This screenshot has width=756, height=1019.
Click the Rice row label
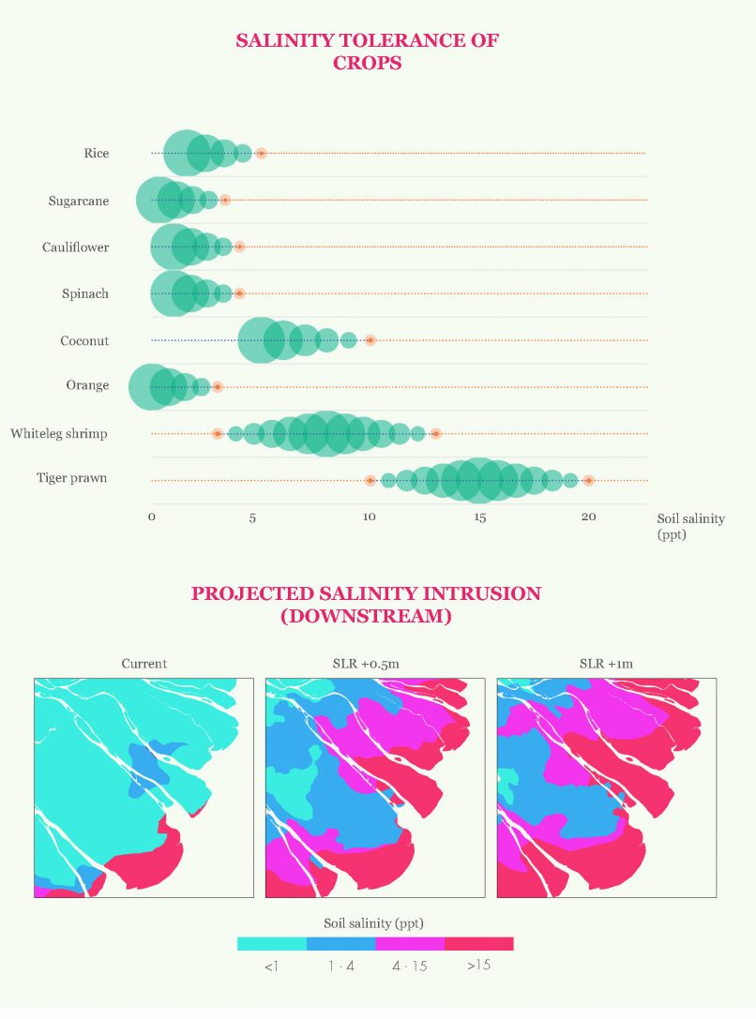pyautogui.click(x=96, y=153)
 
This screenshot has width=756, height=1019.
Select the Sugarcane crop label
pyautogui.click(x=79, y=201)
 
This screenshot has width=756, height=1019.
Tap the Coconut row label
pyautogui.click(x=84, y=341)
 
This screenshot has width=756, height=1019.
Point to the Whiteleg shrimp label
pyautogui.click(x=59, y=434)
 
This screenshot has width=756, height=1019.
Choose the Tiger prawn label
pyautogui.click(x=71, y=478)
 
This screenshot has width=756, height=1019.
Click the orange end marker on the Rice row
pyautogui.click(x=261, y=153)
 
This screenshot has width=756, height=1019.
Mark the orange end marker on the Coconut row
pyautogui.click(x=370, y=340)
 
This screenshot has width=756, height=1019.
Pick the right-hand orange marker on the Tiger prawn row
pyautogui.click(x=588, y=480)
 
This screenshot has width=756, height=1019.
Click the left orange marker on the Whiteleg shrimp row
pyautogui.click(x=217, y=434)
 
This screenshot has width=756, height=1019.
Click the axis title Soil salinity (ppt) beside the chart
pyautogui.click(x=690, y=526)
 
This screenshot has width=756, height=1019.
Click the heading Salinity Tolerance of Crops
pyautogui.click(x=367, y=52)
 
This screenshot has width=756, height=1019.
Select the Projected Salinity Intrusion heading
pyautogui.click(x=366, y=605)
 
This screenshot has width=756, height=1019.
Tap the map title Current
pyautogui.click(x=144, y=664)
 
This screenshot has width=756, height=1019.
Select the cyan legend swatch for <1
pyautogui.click(x=272, y=944)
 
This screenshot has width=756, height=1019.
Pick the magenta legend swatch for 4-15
pyautogui.click(x=410, y=944)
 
